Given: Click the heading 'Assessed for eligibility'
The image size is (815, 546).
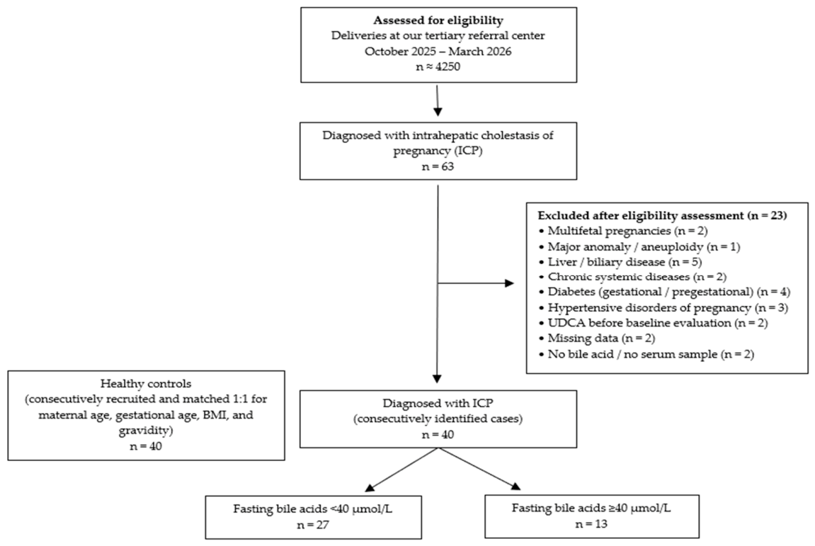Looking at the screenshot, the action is [438, 21].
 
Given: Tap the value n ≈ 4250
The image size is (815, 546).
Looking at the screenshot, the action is [438, 67].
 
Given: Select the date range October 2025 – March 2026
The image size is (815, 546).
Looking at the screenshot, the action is [438, 52].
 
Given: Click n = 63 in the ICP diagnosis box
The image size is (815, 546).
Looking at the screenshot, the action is [438, 166].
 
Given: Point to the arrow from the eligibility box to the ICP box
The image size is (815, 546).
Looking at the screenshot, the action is [438, 101].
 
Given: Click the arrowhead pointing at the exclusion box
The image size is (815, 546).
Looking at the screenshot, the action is [509, 283].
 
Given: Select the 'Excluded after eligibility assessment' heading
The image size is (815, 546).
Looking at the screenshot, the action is [662, 215].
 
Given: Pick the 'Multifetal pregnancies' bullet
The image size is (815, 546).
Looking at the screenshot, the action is [622, 230].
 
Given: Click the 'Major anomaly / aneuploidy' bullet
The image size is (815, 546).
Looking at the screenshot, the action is [639, 246].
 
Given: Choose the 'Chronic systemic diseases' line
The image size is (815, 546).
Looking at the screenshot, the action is [632, 277].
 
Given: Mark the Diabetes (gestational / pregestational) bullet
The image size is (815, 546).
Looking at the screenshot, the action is [663, 292].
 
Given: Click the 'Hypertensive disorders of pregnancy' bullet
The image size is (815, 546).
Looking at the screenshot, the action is [663, 307].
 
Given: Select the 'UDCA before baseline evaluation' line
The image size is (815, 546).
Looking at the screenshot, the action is [653, 322].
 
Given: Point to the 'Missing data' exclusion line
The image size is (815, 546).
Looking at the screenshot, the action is [596, 338].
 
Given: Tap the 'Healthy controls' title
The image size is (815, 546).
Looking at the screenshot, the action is [146, 384].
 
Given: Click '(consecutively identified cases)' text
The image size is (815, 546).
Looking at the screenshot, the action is [438, 418].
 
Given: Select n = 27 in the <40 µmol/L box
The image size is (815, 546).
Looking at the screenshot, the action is [313, 524].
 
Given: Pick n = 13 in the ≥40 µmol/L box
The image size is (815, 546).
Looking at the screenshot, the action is [591, 523].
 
